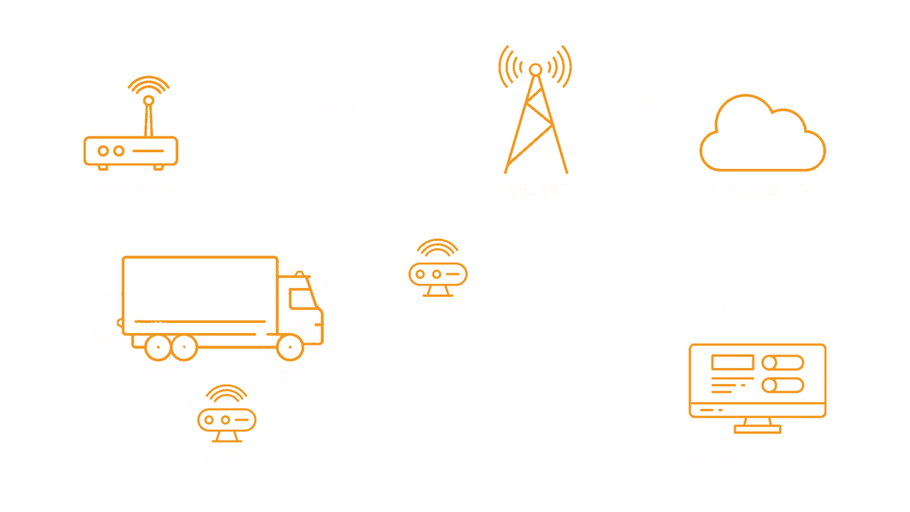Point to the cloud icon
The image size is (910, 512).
762,136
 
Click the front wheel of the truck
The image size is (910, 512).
290,347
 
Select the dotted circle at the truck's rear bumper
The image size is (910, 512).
114,318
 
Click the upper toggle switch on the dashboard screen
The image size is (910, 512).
783,363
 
